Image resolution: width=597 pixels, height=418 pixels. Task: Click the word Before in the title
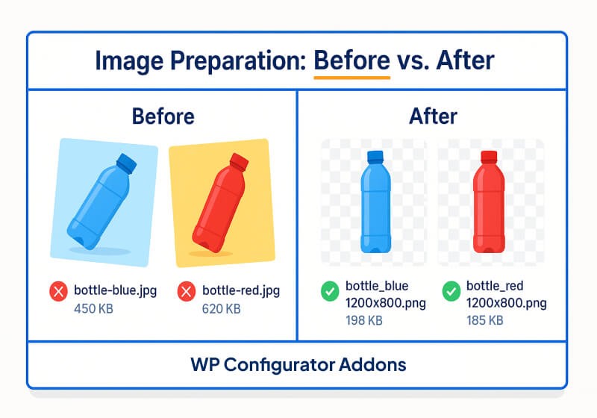point(351,60)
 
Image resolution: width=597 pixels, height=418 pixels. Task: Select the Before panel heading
point(163,116)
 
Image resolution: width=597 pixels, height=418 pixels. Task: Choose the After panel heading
point(433,116)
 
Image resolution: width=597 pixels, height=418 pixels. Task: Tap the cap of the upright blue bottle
point(374,156)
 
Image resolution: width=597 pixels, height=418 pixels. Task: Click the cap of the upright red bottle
point(490,156)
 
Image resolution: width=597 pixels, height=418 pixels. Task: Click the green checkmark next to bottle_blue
point(329,291)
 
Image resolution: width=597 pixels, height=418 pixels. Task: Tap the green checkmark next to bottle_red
point(451,291)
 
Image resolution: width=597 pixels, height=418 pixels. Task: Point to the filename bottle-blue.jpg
point(116,290)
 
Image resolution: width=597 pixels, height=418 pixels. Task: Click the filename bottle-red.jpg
point(241,290)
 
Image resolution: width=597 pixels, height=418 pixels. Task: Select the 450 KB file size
point(93,308)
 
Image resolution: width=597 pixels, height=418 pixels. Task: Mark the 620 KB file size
point(222,308)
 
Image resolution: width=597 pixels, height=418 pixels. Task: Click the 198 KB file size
point(364,321)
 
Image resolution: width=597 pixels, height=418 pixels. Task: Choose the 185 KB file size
point(485,321)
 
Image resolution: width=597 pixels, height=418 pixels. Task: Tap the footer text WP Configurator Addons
point(298,365)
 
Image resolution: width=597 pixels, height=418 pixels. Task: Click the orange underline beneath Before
point(351,76)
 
